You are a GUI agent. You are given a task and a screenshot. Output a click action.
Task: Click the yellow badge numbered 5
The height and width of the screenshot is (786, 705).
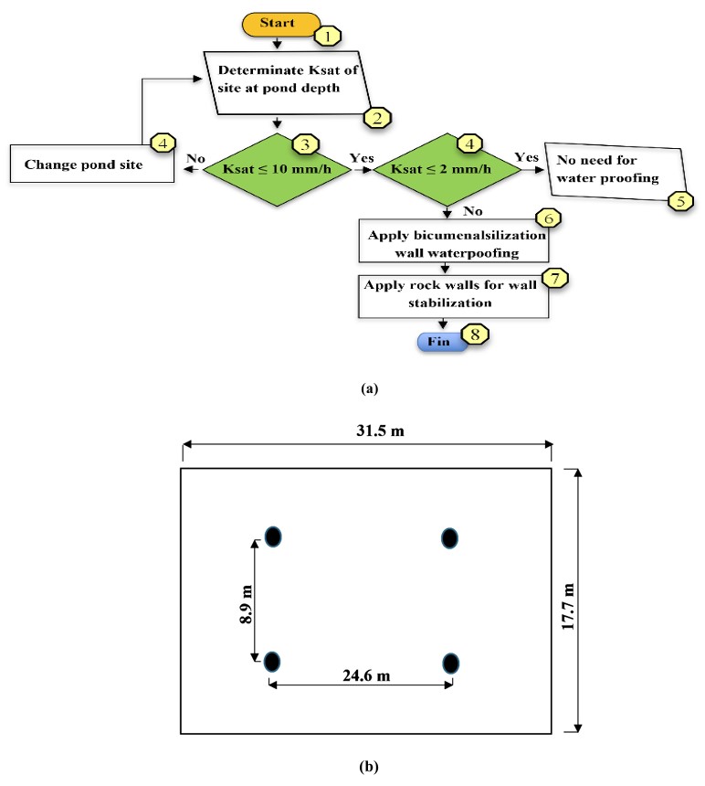point(680,201)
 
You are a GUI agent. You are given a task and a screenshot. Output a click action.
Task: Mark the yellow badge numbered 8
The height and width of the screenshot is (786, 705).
point(475,335)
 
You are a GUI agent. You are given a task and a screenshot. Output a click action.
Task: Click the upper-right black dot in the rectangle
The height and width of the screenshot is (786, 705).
point(449,538)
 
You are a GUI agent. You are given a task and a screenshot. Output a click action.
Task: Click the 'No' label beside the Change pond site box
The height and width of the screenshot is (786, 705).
point(195,158)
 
